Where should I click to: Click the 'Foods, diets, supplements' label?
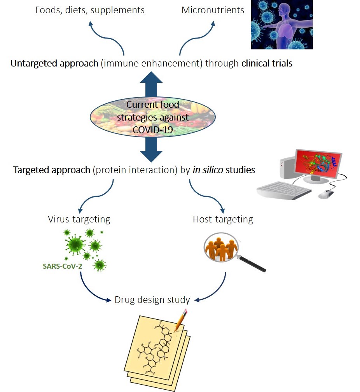coord(90,10)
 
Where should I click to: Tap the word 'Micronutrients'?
coord(213,10)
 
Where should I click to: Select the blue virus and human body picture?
coord(282,24)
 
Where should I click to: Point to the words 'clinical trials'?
coord(267,63)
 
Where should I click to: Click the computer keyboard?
coord(284,191)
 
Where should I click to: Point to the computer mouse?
coord(326,194)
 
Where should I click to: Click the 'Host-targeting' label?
coord(223,219)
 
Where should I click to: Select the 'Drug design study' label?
coord(152,300)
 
